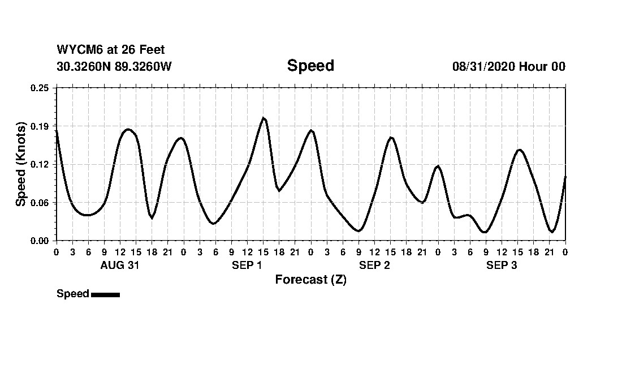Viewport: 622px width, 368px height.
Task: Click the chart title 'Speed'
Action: point(310,66)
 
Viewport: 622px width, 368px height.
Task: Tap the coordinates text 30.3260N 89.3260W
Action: point(114,66)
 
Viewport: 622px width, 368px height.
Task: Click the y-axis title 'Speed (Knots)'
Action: point(21,164)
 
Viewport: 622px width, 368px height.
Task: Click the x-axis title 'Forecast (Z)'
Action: point(310,280)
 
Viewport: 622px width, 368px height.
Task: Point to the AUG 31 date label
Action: point(119,266)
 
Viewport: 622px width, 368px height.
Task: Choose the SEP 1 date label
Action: point(247,266)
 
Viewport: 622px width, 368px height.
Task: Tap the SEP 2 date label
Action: point(374,266)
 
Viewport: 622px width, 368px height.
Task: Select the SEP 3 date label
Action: point(502,266)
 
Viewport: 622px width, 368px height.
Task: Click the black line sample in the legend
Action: point(105,294)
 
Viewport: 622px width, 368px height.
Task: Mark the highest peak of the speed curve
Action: point(264,118)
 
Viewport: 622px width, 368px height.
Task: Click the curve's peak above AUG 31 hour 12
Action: point(128,130)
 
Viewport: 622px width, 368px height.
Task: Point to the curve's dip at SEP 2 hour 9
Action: point(358,231)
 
